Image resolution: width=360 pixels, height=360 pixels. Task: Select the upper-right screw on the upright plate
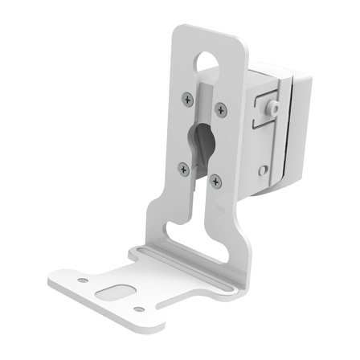click(221, 108)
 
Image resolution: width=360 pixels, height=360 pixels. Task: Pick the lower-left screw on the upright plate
click(184, 169)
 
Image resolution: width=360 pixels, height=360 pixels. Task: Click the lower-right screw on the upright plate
click(215, 181)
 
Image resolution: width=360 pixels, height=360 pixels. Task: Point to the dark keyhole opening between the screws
click(202, 143)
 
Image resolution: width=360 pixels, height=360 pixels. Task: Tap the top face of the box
click(273, 70)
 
